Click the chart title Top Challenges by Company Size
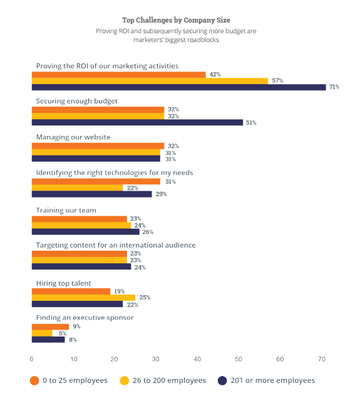[x=176, y=20]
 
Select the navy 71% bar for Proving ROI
[x=179, y=87]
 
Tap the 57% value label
[x=277, y=81]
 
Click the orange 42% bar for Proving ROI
[x=119, y=75]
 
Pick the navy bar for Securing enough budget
[x=137, y=122]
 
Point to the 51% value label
[x=251, y=123]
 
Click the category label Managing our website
[x=73, y=137]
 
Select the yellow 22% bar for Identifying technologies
[x=77, y=188]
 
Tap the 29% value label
[x=161, y=194]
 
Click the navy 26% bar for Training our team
[x=86, y=232]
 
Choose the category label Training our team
[x=66, y=210]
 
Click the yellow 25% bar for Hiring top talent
[x=83, y=298]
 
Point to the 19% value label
[x=119, y=291]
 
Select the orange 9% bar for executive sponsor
[x=50, y=327]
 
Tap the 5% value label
[x=63, y=333]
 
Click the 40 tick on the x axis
[x=197, y=359]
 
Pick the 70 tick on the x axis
[x=322, y=359]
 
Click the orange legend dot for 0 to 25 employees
[x=34, y=380]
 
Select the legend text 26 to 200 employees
[x=169, y=380]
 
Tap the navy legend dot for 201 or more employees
[x=222, y=380]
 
